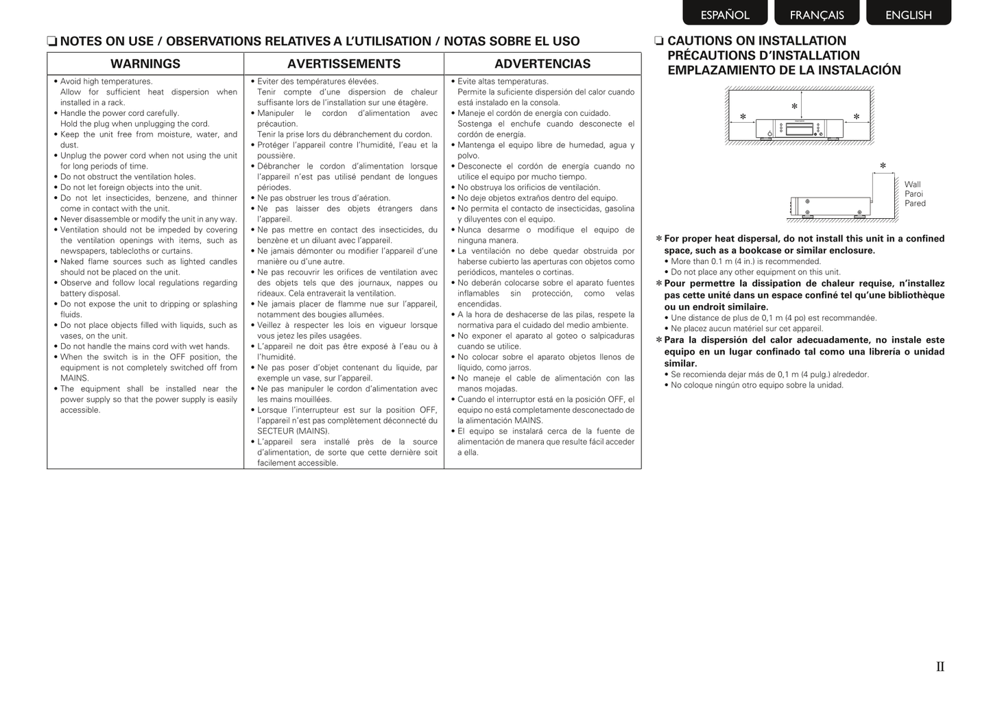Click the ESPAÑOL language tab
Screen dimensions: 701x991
[725, 14]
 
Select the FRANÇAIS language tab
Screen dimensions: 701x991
[817, 14]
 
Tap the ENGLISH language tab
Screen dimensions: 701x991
[908, 14]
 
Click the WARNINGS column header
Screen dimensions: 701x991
[145, 64]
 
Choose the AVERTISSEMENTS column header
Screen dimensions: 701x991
[344, 64]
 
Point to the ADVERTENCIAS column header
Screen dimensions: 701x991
[542, 64]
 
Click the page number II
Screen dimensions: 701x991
[940, 667]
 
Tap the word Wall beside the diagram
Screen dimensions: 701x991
[912, 185]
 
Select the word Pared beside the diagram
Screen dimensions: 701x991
[915, 204]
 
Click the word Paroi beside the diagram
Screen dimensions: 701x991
[914, 194]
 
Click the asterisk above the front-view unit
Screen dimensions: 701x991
[794, 107]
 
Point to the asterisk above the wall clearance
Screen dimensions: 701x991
[883, 166]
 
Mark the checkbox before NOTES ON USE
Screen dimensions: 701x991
[51, 42]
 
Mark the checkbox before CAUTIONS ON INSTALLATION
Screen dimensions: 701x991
[659, 41]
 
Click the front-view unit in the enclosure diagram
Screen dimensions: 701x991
[799, 128]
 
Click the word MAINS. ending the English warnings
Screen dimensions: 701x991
[75, 378]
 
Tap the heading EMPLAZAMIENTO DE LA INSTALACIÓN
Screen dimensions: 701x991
[784, 70]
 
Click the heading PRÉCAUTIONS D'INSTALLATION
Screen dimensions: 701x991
[763, 56]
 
